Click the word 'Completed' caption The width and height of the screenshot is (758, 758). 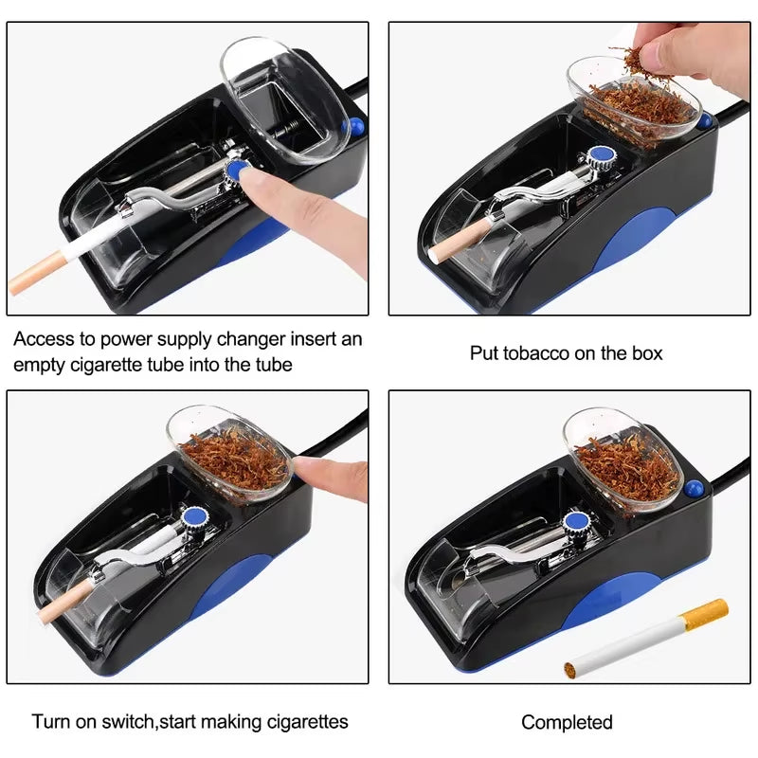click(x=567, y=723)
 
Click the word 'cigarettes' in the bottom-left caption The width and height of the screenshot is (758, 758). click(x=305, y=722)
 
